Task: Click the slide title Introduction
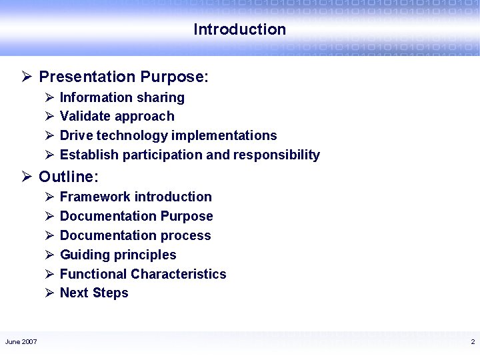(x=239, y=29)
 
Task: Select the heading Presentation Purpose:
(x=124, y=77)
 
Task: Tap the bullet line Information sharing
(x=122, y=97)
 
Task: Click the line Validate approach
(x=117, y=117)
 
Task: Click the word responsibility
(x=276, y=155)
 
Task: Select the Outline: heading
(x=69, y=177)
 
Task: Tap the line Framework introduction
(x=135, y=197)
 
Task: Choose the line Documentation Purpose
(x=136, y=216)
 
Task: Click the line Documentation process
(x=135, y=235)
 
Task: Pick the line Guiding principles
(x=118, y=255)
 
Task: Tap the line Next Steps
(x=94, y=293)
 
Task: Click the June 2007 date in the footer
(x=21, y=342)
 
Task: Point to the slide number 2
(x=472, y=342)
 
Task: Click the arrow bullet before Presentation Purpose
(x=27, y=77)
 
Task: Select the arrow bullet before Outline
(x=27, y=177)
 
